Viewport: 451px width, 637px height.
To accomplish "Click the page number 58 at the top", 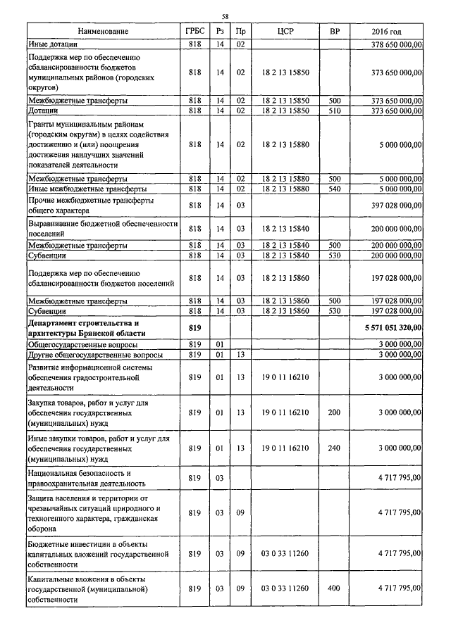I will coord(225,16).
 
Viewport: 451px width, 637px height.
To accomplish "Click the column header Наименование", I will coord(104,32).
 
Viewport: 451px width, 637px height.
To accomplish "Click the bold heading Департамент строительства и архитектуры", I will coord(87,327).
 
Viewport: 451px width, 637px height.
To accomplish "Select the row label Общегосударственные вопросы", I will coord(82,344).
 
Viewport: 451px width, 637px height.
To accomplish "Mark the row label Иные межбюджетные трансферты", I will coord(87,189).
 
